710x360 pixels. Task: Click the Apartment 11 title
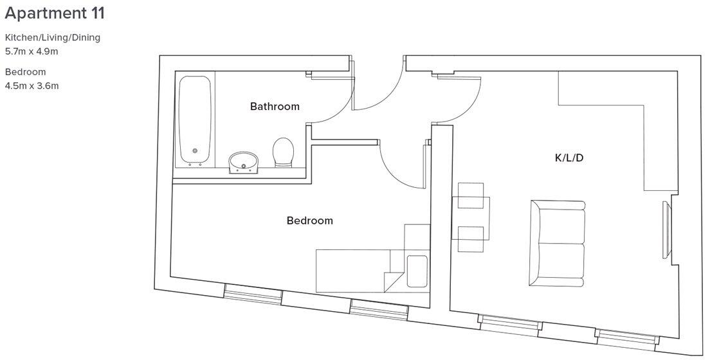(x=55, y=13)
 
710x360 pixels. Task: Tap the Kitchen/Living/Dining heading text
(x=53, y=37)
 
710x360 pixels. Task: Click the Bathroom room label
(x=275, y=107)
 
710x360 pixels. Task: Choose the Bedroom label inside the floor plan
(x=309, y=221)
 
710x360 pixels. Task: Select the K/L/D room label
(x=569, y=158)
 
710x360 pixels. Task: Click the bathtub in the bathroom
(x=196, y=120)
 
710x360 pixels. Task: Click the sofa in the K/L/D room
(x=558, y=244)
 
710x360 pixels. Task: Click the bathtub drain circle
(x=195, y=152)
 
